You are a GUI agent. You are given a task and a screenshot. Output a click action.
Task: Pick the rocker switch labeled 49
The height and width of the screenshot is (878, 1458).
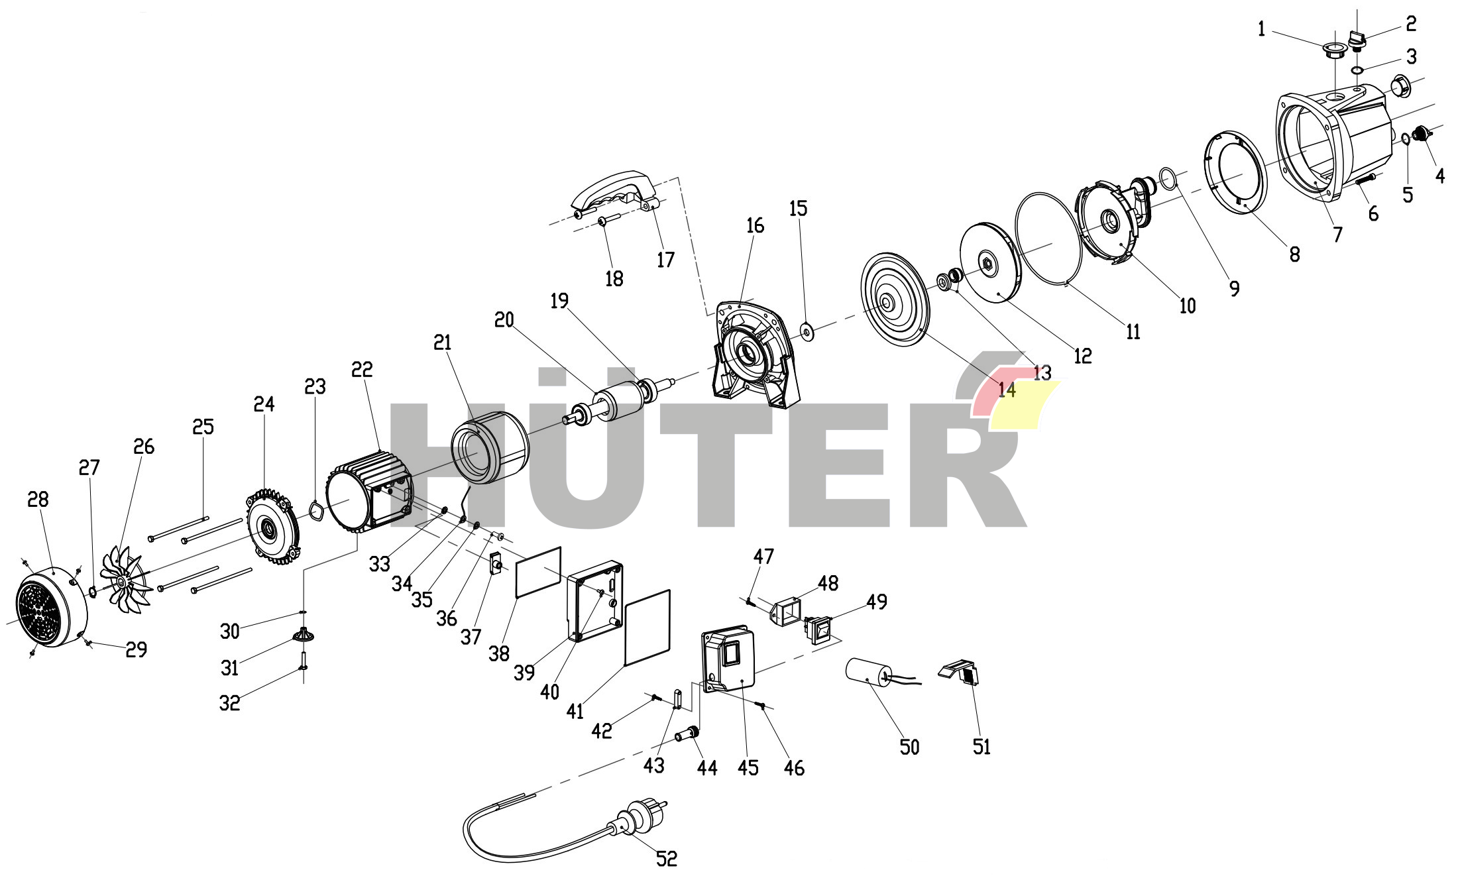(818, 629)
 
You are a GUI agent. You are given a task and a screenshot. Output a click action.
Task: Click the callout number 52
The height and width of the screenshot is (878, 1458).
(667, 859)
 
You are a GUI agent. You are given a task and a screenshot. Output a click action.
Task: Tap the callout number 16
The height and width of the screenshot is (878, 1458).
(755, 225)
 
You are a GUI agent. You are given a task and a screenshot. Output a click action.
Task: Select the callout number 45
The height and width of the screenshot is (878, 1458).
(748, 767)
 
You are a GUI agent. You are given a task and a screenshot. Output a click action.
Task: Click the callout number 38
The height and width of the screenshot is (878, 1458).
(499, 653)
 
